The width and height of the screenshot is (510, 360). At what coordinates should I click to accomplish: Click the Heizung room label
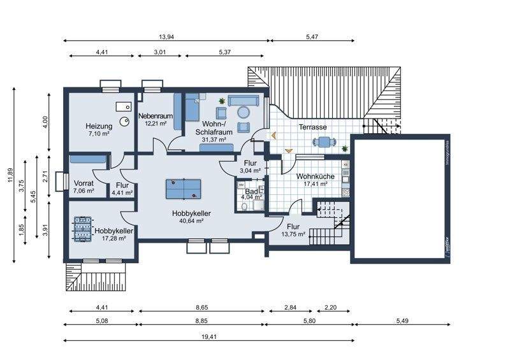[x=99, y=126]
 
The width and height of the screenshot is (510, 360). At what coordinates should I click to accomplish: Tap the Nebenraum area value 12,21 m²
[x=156, y=124]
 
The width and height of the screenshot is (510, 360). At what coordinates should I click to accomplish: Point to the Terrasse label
[x=312, y=127]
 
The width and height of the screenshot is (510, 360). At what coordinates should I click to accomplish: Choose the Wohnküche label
[x=312, y=176]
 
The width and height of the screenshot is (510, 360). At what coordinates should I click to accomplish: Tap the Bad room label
[x=251, y=191]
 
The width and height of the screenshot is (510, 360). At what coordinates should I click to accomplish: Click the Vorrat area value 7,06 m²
[x=84, y=191]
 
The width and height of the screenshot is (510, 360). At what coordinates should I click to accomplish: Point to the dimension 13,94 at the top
[x=166, y=37]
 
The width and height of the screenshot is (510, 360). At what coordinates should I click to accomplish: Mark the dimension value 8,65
[x=201, y=307]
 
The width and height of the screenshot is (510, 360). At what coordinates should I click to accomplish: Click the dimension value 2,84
[x=290, y=307]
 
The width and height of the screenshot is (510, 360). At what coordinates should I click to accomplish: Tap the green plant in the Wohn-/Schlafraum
[x=222, y=101]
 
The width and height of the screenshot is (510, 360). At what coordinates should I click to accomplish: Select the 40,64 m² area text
[x=191, y=221]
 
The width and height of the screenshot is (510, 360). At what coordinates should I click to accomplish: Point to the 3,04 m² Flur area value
[x=250, y=171]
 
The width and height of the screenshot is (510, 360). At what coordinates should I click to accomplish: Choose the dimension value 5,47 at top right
[x=312, y=37]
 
